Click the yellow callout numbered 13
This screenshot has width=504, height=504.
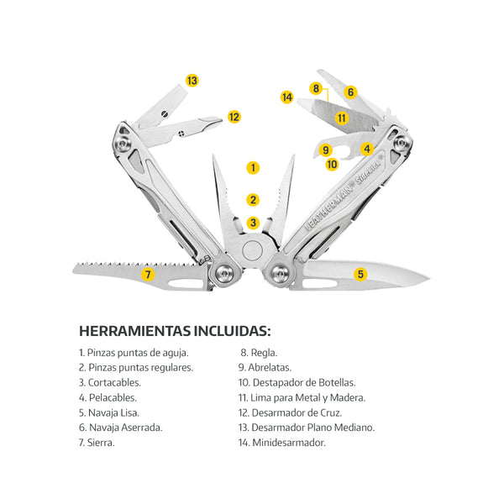tap(192, 81)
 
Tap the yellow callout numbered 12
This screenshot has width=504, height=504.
tap(234, 117)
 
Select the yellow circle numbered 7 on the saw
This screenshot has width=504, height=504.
tap(148, 275)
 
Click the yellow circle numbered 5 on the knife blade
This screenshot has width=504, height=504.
tap(360, 274)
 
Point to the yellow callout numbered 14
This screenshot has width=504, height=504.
tap(287, 97)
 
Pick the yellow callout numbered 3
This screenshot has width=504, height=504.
tap(253, 223)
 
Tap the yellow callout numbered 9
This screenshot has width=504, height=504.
tap(326, 150)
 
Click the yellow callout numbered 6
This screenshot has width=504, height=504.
tap(350, 92)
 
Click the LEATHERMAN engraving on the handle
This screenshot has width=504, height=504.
tap(329, 207)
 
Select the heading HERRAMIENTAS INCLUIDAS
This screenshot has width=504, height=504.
tap(175, 331)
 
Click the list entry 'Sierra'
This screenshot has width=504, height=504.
tap(97, 443)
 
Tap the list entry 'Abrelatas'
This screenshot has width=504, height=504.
tap(265, 367)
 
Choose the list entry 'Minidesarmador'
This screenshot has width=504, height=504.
tap(282, 443)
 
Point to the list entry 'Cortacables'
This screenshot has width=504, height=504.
tap(110, 382)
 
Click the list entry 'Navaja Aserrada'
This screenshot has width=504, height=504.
tap(120, 428)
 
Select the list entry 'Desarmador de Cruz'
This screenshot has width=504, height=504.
tap(290, 412)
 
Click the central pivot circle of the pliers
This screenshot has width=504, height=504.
tap(252, 250)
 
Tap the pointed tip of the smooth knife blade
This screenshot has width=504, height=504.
tap(428, 278)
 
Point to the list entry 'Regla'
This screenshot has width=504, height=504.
tap(259, 353)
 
